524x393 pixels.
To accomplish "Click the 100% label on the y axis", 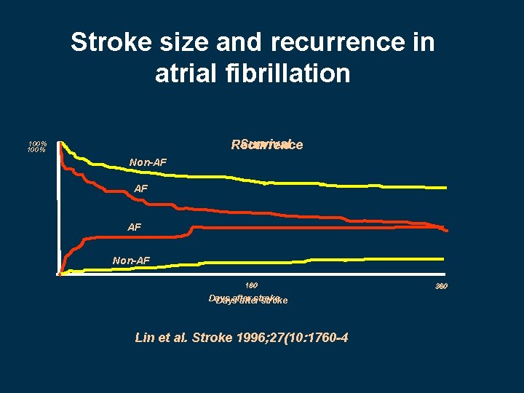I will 37,146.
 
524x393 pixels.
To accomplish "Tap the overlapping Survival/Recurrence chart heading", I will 266,145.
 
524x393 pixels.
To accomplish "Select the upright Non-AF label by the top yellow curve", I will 148,161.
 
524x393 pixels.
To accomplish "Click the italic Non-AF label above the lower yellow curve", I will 131,259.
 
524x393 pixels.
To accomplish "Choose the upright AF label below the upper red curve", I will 141,189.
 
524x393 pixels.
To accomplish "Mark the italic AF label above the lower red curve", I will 135,227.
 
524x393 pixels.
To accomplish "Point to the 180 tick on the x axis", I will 251,285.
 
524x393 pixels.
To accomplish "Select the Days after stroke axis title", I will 247,299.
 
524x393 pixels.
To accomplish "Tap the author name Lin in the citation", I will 146,338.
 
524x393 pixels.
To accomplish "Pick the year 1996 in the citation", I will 252,338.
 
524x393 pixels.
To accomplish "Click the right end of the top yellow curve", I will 445,187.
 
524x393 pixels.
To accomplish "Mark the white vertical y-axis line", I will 58,211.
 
